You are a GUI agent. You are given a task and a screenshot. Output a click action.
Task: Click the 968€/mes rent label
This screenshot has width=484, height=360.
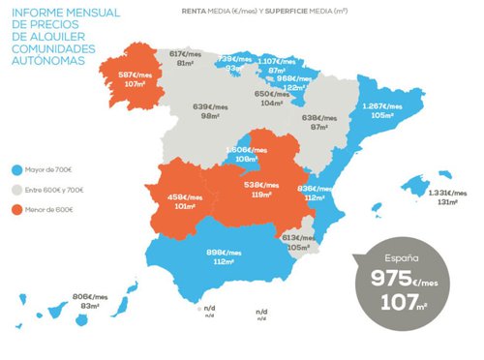coord(293,77)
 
